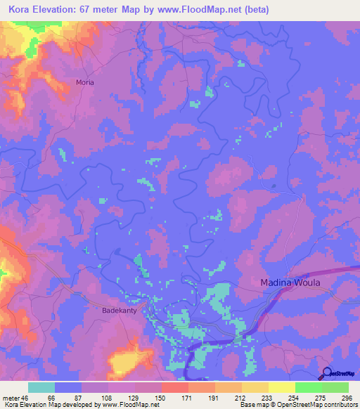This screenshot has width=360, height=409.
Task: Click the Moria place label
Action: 85,82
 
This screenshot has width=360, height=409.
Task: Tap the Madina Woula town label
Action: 290,283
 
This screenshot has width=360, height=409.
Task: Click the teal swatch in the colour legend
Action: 41,387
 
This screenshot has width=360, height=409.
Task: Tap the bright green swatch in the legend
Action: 308,387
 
